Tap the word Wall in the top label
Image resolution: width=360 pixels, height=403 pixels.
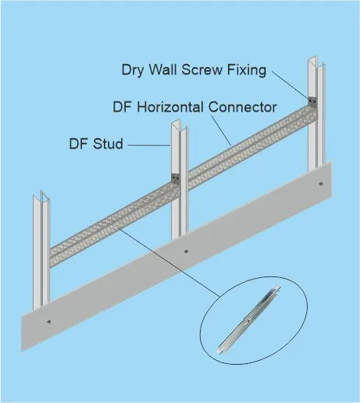coord(162,70)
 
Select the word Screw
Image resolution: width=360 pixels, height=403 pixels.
coord(202,70)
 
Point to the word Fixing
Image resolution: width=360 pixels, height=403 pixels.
coord(247,70)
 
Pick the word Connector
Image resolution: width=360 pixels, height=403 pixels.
coord(242,107)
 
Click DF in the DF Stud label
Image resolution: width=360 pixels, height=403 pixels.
coord(78,144)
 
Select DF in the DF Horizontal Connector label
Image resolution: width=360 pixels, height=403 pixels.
coord(122,107)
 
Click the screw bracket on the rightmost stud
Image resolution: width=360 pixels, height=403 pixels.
coord(312,101)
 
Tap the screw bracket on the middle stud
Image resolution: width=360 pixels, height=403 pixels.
coord(176,177)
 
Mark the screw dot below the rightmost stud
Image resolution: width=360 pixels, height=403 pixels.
coord(321,184)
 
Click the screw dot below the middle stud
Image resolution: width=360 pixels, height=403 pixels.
coord(186,251)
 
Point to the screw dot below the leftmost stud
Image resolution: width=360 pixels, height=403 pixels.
coord(49,322)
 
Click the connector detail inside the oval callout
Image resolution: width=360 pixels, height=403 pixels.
coord(248,319)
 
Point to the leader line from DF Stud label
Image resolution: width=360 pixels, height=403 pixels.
coord(149,145)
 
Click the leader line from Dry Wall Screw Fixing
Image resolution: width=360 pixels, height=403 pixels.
coord(291,84)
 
